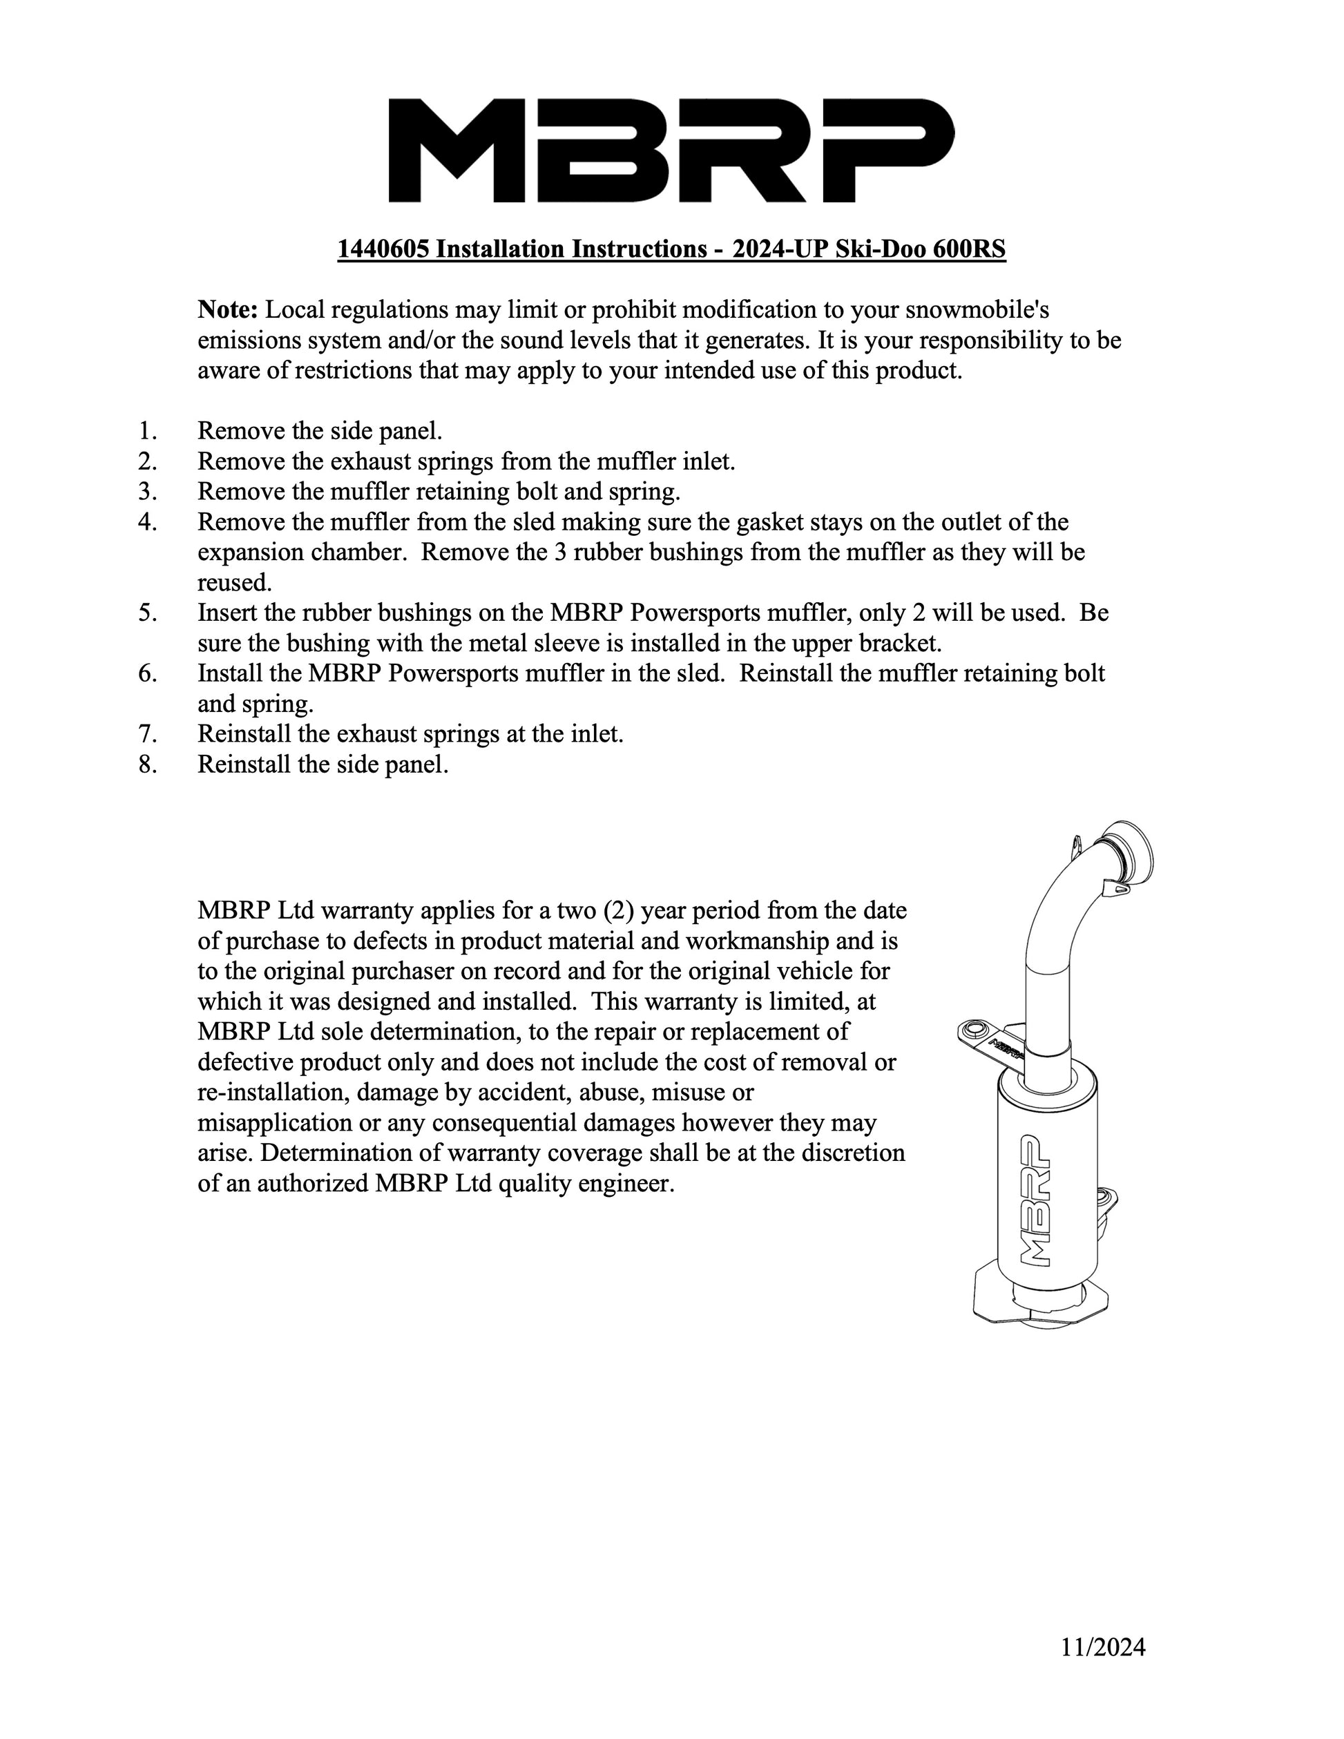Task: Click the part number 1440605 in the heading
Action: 383,249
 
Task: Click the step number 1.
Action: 147,431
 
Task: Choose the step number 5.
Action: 147,613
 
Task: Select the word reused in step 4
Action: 233,582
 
